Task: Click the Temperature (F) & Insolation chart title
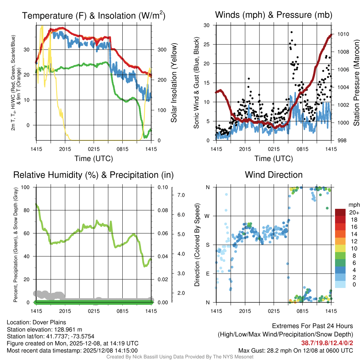pyautogui.click(x=94, y=15)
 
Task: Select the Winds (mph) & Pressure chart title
pyautogui.click(x=274, y=15)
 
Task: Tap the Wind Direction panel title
pyautogui.click(x=274, y=175)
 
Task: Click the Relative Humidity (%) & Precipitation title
pyautogui.click(x=94, y=175)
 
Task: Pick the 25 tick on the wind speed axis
pyautogui.click(x=207, y=44)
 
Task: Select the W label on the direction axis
pyautogui.click(x=208, y=216)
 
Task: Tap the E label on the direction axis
pyautogui.click(x=208, y=274)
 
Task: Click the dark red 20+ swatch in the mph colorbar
pyautogui.click(x=341, y=212)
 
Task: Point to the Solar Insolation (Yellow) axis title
pyautogui.click(x=174, y=83)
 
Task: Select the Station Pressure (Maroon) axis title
pyautogui.click(x=356, y=83)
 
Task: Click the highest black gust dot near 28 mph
pyautogui.click(x=291, y=32)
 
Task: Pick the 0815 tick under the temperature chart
pyautogui.click(x=122, y=149)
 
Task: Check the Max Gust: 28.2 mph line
pyautogui.click(x=296, y=350)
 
